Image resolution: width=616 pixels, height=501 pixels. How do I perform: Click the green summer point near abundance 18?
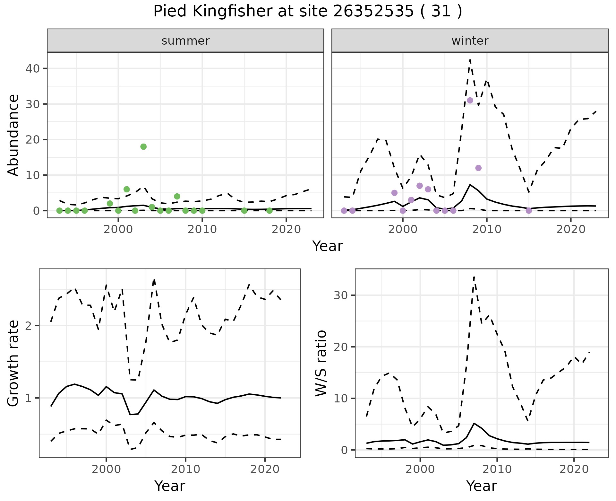143,146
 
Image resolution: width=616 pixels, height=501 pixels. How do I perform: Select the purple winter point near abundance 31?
470,101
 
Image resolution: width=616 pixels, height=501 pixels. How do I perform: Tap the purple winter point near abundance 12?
478,168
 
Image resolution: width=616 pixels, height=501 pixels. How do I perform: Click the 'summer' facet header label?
185,41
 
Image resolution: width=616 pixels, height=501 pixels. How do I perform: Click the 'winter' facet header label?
470,41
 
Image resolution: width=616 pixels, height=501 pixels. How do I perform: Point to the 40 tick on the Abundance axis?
32,69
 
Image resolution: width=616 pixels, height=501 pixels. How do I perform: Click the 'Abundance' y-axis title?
13,135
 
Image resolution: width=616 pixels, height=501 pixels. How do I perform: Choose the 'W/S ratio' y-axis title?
321,363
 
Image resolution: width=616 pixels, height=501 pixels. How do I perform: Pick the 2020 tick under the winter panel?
570,230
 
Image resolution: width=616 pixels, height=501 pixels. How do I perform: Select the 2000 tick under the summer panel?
118,230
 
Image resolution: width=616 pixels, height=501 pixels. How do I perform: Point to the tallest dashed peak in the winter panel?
470,60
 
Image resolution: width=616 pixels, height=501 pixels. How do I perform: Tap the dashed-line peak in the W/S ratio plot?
474,277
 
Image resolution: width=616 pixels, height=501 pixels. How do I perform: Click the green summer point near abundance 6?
127,189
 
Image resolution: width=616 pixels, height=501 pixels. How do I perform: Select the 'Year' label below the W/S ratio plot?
482,486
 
